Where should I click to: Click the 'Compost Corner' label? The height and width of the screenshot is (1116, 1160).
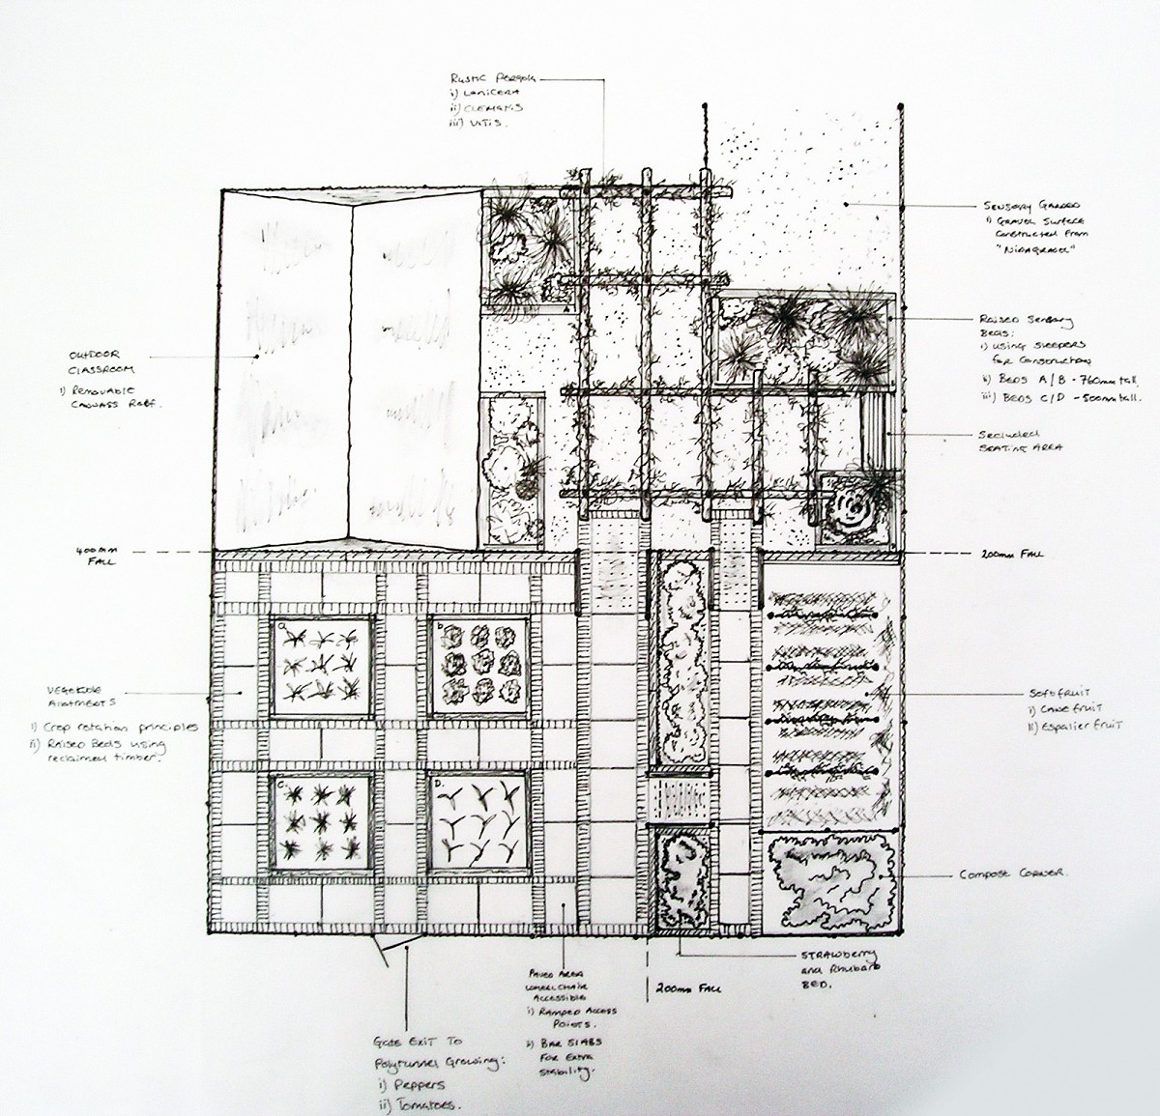tap(1010, 874)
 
